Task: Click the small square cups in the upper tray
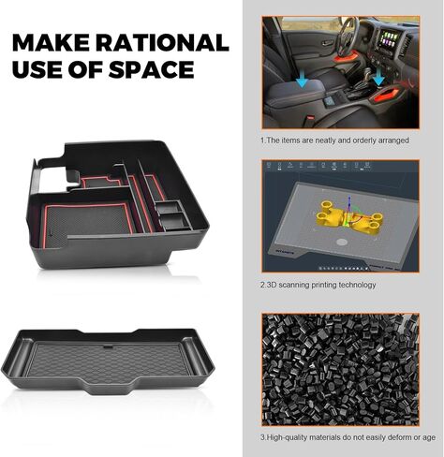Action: click(x=172, y=214)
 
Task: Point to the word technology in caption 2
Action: click(x=354, y=285)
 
